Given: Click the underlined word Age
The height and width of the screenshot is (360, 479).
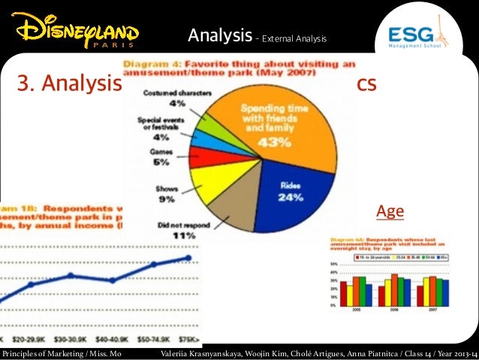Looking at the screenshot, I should (x=390, y=212).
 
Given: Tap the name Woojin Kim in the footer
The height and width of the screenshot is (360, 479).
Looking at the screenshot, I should (x=253, y=352).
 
